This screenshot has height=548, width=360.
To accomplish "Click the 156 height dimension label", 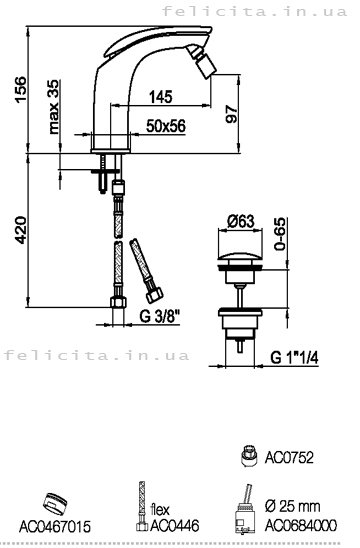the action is (21, 89).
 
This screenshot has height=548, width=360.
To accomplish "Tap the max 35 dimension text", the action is (54, 107).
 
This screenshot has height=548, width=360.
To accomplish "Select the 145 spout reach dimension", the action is (161, 97).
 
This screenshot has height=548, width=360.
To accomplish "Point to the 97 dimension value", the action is (231, 114).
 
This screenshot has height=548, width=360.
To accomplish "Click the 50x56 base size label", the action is (166, 126).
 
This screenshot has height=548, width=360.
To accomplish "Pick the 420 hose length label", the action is (21, 230).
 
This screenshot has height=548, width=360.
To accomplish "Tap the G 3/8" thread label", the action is (160, 317).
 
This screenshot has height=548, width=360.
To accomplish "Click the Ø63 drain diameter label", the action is (240, 221).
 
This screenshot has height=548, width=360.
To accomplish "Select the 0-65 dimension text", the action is (280, 234).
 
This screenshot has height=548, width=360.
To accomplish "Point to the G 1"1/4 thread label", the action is (294, 357).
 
